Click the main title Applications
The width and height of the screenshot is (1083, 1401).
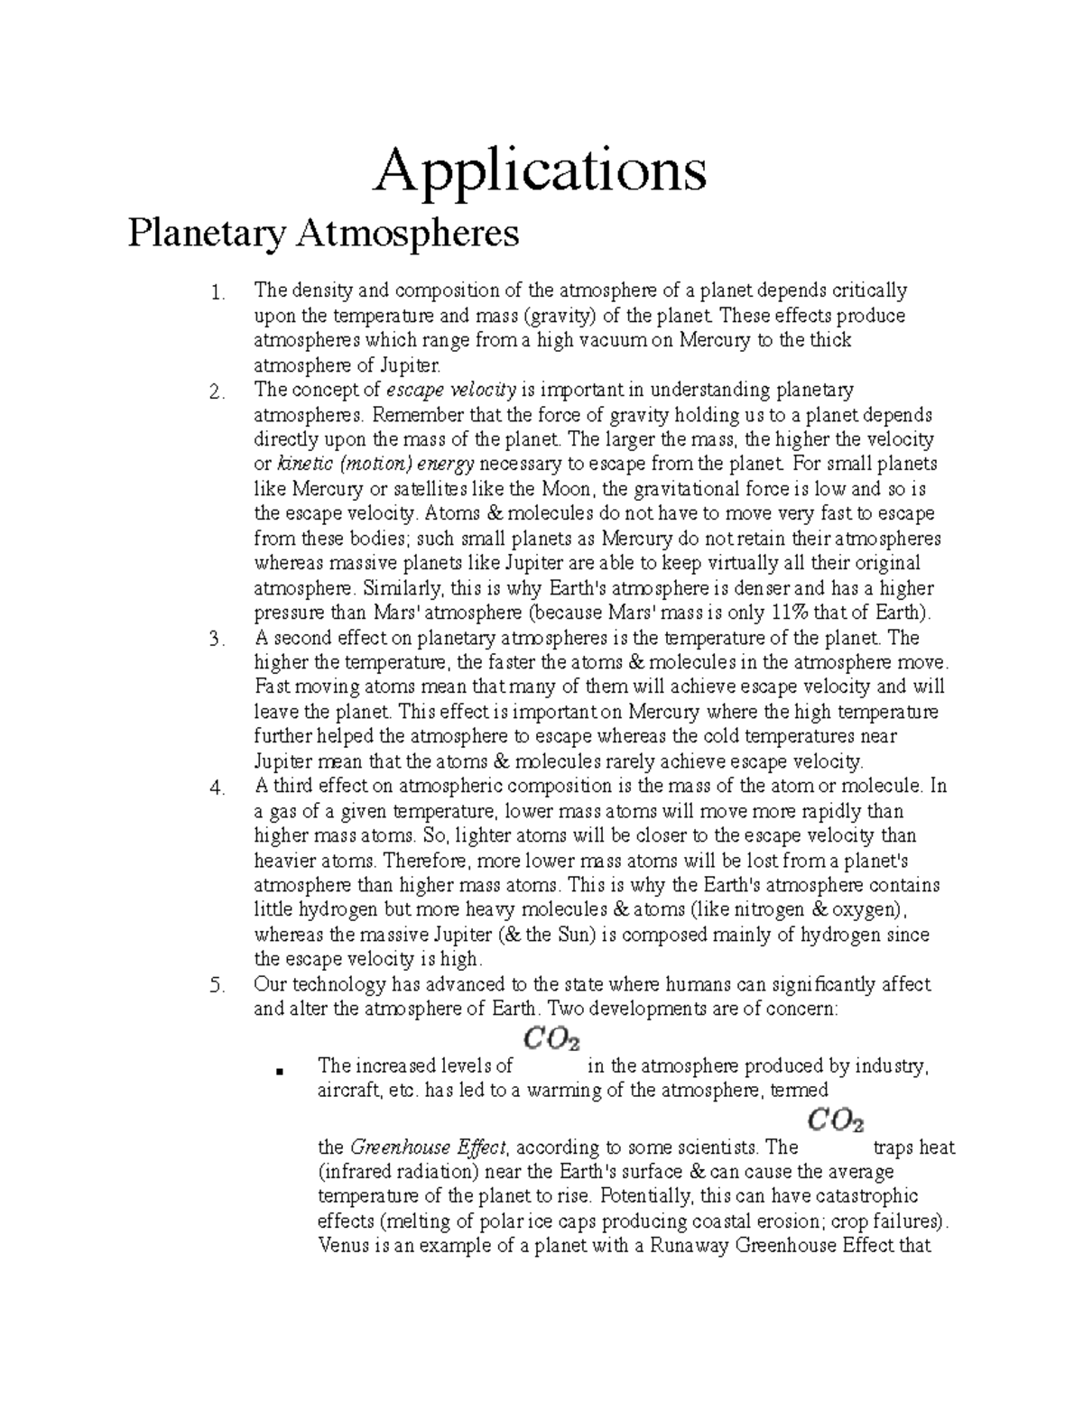point(541,172)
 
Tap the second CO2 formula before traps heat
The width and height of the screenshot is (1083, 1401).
point(836,1121)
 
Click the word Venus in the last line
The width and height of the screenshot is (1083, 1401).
point(342,1248)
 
